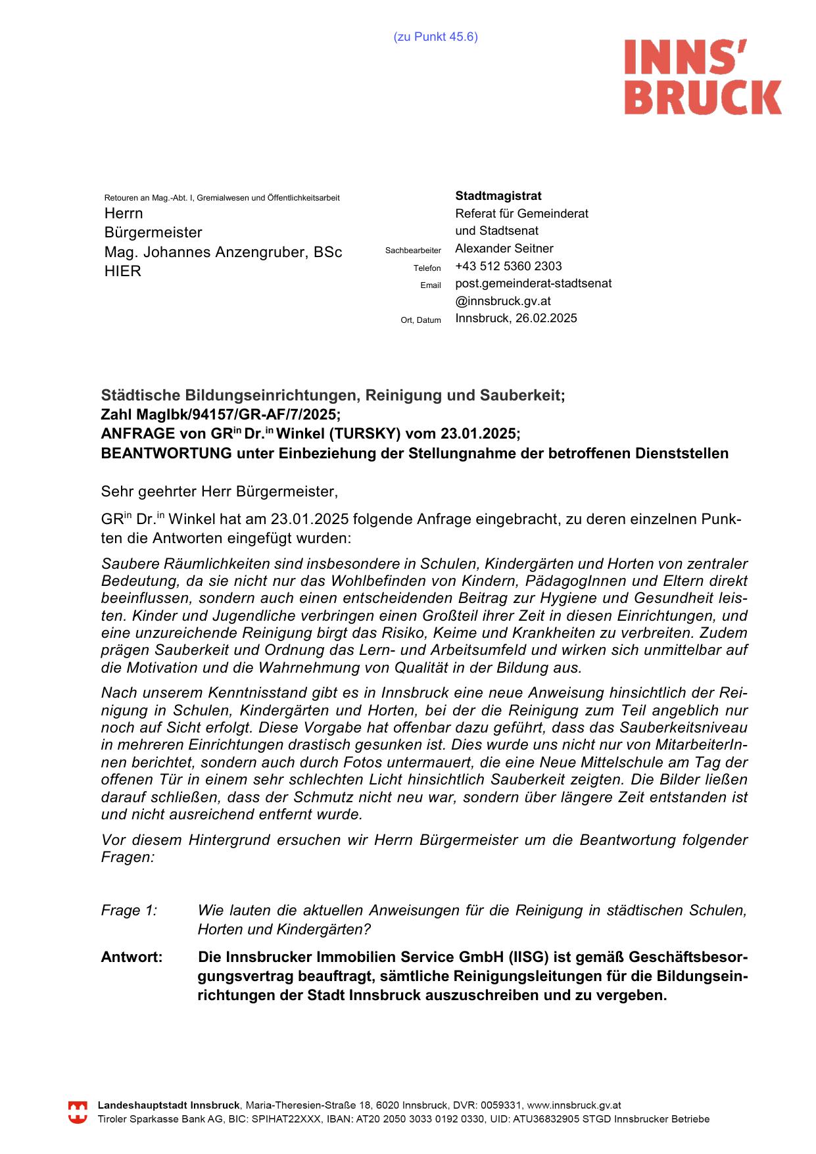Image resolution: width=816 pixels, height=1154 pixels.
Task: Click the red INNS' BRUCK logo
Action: (702, 77)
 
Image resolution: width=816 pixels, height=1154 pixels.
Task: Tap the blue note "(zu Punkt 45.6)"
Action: (435, 37)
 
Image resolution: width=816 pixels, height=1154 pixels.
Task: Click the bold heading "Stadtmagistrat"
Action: (498, 196)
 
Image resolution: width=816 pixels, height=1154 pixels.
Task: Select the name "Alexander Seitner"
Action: (504, 249)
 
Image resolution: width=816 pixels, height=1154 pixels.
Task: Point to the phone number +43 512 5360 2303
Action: (508, 266)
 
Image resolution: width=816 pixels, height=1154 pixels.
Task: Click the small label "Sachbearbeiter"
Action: (413, 251)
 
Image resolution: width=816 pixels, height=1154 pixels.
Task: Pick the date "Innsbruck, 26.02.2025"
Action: (516, 318)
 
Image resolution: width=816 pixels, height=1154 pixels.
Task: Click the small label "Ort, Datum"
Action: (421, 320)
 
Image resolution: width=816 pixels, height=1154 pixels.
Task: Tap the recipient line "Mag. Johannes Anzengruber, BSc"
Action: (223, 252)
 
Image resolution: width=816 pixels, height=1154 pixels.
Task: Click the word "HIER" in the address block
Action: (123, 272)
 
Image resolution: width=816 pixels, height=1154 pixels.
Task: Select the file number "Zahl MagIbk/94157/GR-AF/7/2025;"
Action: (221, 415)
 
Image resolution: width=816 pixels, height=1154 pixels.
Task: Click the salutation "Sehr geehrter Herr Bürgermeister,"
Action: (219, 491)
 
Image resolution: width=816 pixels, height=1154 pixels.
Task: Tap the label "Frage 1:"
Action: (130, 911)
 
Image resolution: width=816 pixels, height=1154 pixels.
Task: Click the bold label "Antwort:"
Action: (132, 957)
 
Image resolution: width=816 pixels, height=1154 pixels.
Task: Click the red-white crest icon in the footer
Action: (78, 1113)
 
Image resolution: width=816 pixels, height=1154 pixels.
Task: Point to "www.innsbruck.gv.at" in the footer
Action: (574, 1106)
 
